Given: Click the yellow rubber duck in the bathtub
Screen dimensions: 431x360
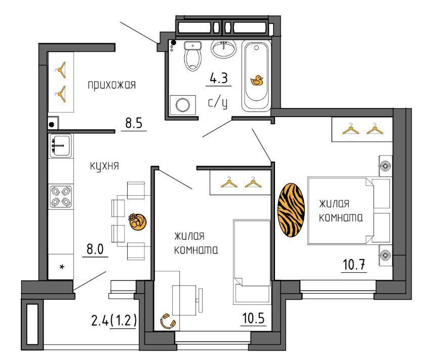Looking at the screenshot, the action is point(257,81).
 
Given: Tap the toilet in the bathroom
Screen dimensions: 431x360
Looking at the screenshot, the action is point(192,56).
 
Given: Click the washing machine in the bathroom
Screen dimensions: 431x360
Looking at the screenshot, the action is point(183,105).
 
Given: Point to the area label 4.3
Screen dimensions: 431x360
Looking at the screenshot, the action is point(219,79).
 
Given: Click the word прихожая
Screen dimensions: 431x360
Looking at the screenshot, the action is point(112,85).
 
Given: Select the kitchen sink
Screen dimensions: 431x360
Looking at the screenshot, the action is point(60,146).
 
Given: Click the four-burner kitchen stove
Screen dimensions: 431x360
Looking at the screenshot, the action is point(61,197).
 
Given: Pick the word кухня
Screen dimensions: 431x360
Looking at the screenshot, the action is point(104,166).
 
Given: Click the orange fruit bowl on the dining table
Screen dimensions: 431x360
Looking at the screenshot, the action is point(137,222).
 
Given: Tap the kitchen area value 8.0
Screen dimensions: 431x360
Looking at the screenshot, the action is point(95,249).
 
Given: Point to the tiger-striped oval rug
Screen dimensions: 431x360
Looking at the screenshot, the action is point(291,210).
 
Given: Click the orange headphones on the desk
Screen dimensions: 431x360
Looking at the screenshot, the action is point(168,321).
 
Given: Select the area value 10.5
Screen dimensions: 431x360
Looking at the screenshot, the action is point(253,318).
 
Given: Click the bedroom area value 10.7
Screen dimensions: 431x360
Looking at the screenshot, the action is point(354,265).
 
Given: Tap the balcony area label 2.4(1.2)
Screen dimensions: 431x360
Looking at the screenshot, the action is point(114,320).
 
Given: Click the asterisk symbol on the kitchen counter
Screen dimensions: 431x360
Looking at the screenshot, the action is point(62,266).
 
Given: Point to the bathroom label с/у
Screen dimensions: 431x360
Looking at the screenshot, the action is point(218,103).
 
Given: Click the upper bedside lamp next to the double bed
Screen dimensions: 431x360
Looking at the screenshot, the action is point(385,166).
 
